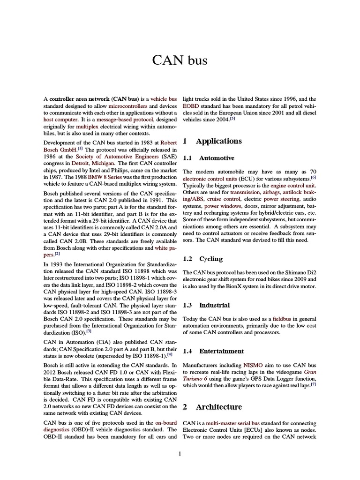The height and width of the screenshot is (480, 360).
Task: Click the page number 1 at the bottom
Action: [x=180, y=454]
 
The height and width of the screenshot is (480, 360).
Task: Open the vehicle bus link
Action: [x=164, y=99]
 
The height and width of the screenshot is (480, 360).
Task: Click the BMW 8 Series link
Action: [x=102, y=177]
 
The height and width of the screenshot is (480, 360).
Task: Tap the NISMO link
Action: [x=249, y=365]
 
